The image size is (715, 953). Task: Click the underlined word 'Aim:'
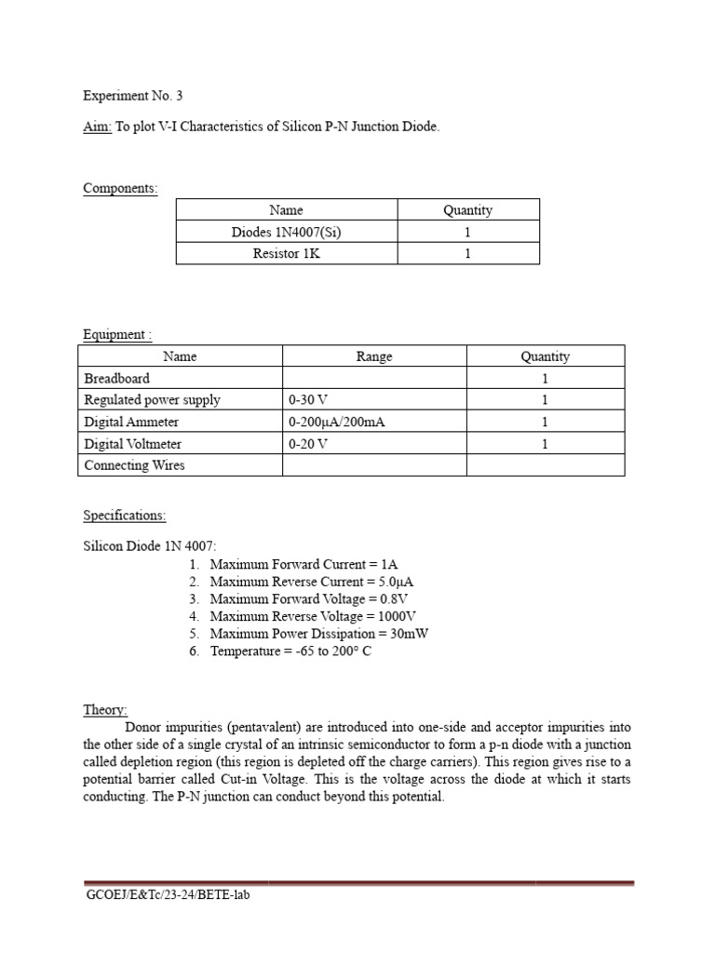pyautogui.click(x=97, y=127)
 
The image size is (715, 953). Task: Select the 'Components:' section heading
pyautogui.click(x=120, y=189)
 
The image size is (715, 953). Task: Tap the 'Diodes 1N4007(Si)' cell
pyautogui.click(x=287, y=232)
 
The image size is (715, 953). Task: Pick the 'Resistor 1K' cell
pyautogui.click(x=287, y=253)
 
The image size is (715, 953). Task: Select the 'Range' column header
pyautogui.click(x=374, y=356)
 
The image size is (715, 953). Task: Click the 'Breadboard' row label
pyautogui.click(x=116, y=379)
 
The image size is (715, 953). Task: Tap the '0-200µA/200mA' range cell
pyautogui.click(x=337, y=423)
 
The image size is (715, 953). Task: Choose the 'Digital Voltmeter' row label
pyautogui.click(x=133, y=444)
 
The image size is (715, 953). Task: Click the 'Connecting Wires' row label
pyautogui.click(x=134, y=465)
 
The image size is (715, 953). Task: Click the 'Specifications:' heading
pyautogui.click(x=125, y=515)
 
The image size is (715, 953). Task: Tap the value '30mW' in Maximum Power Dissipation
pyautogui.click(x=410, y=634)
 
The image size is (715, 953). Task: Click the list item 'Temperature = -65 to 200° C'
pyautogui.click(x=291, y=651)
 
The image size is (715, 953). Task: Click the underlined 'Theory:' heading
pyautogui.click(x=105, y=709)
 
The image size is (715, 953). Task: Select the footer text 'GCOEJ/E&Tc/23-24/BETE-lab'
pyautogui.click(x=168, y=895)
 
